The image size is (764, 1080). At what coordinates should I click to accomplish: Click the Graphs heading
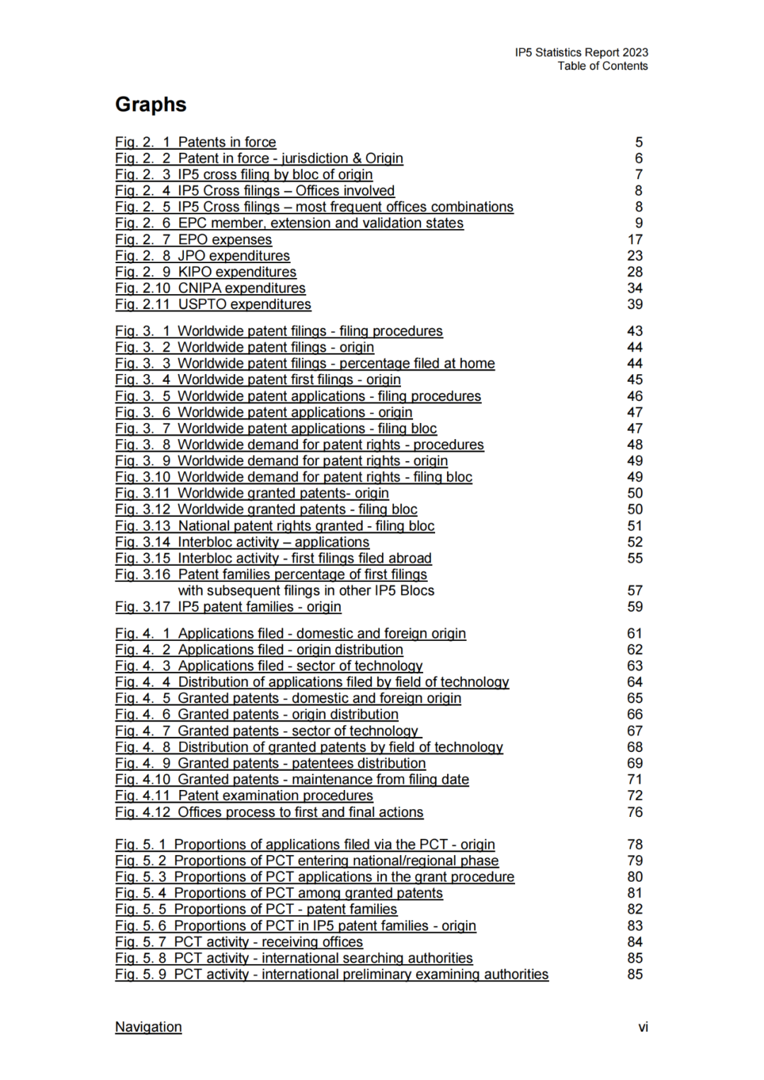coord(151,105)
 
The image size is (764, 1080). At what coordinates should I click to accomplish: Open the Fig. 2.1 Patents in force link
coord(195,142)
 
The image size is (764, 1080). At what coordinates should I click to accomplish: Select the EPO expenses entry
coord(193,240)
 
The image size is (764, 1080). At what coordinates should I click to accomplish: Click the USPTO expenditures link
coord(213,304)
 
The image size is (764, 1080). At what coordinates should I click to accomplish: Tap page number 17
coord(635,240)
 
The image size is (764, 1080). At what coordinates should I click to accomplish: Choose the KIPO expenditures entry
coord(205,272)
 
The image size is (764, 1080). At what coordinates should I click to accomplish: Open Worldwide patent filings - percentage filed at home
coord(305,364)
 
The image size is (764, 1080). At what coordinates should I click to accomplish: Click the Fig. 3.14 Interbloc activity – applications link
coord(242,542)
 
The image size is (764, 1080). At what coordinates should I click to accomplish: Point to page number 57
coord(635,591)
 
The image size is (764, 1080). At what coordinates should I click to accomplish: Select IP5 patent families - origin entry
coord(228,607)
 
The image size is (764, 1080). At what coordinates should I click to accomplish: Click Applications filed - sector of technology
coord(269,666)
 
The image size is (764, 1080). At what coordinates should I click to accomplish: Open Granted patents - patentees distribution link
coord(270,763)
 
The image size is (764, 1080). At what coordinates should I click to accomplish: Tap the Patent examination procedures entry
coord(244,796)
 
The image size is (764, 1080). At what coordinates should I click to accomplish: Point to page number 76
coord(635,812)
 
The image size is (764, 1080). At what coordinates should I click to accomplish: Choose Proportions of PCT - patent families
coord(256,909)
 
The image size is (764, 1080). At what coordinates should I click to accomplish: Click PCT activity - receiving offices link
coord(239,942)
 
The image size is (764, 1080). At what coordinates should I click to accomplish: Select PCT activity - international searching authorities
coord(294,958)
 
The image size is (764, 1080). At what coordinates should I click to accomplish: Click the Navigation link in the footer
coord(149,1027)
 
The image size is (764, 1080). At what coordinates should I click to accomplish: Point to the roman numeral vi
coord(642,1027)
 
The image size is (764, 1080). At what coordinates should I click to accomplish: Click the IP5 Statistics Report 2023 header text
coord(581,52)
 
